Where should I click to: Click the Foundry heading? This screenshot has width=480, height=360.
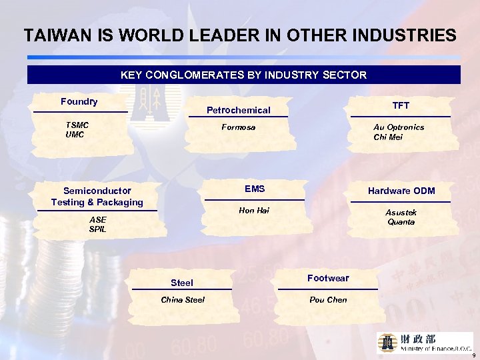(79, 101)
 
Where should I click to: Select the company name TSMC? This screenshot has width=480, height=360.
(77, 125)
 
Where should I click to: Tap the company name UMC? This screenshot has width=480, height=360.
(75, 135)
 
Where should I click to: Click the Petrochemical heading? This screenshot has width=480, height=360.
(238, 110)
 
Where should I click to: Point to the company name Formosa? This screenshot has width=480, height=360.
(238, 127)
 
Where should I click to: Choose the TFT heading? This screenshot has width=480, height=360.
(401, 106)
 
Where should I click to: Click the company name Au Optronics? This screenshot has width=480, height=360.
(399, 127)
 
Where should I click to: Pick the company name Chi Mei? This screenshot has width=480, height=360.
(388, 137)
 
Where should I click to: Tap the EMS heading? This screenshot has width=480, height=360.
(254, 189)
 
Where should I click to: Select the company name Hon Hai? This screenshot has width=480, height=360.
(254, 210)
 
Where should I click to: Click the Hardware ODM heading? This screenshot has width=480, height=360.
(401, 191)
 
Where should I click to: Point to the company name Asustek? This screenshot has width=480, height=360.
(401, 213)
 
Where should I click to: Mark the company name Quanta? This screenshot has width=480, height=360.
(401, 222)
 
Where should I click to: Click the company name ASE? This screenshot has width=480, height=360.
(97, 219)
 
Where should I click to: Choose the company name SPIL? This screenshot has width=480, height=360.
(97, 229)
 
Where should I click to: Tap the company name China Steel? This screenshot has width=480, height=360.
(183, 300)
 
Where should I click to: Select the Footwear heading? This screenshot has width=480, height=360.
(328, 278)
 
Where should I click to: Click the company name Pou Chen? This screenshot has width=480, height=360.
(328, 300)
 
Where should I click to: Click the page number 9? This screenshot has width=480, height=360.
(473, 355)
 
